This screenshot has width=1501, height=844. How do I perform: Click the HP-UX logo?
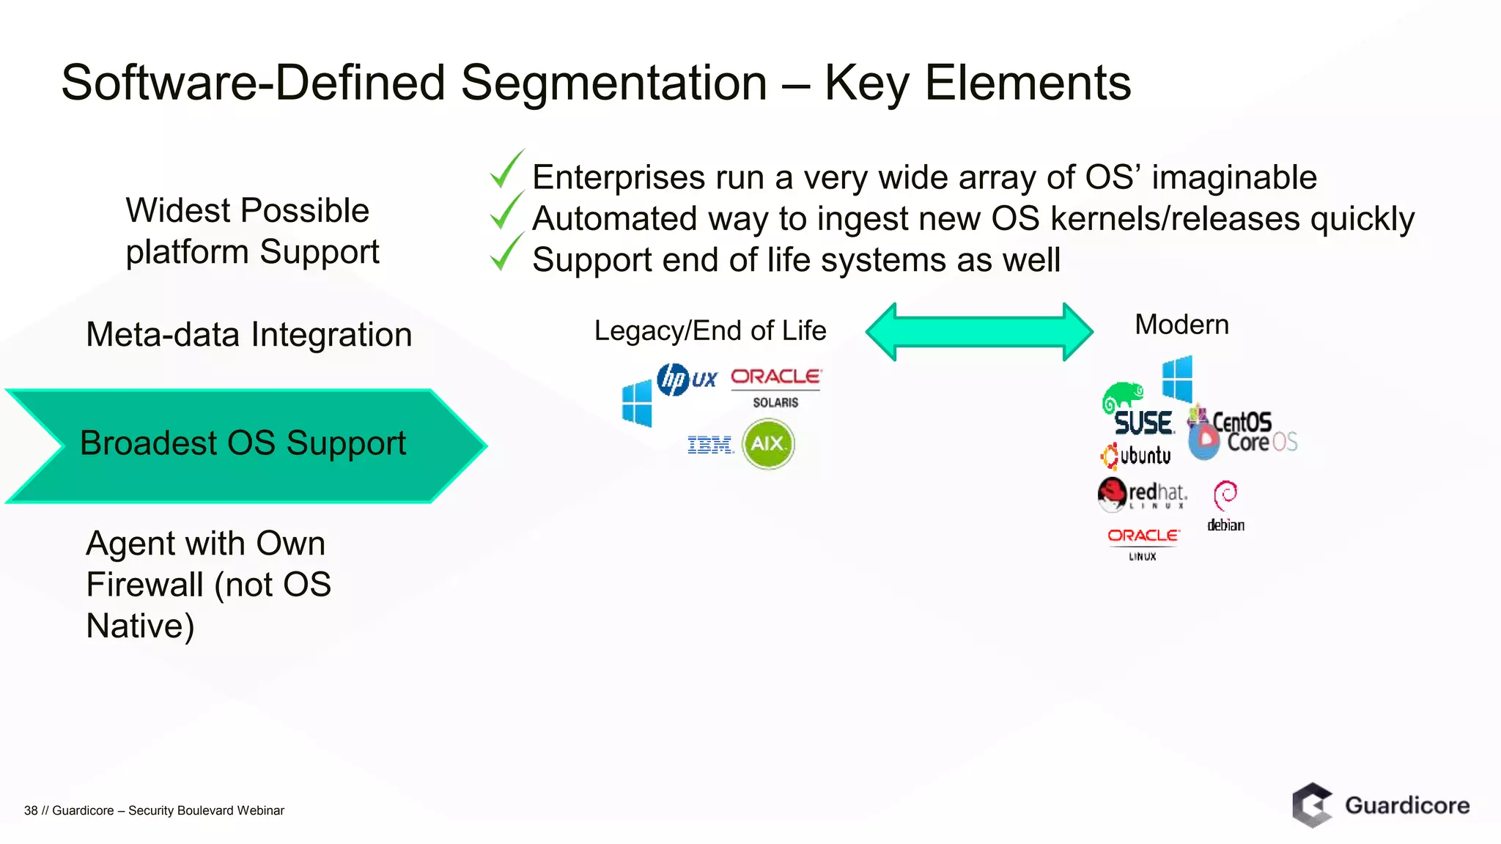686,380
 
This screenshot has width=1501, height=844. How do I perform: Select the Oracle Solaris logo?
776,387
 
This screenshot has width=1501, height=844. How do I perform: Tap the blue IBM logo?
710,445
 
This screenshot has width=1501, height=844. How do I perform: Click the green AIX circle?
768,444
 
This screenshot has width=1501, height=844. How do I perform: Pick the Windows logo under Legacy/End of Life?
636,403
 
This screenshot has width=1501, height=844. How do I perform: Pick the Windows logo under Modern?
1178,379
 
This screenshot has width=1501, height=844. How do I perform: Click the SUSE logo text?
1142,423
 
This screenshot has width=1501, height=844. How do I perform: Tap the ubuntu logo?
1135,456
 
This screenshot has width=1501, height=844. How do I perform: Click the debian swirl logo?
1225,497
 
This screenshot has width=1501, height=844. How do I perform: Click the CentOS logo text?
1242,422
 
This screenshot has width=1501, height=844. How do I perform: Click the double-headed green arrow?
979,331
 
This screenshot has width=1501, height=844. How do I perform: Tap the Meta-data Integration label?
249,335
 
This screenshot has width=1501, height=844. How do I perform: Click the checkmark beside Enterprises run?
506,169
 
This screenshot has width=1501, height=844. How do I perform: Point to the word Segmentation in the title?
613,82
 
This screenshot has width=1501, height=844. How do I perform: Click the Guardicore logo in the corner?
1381,805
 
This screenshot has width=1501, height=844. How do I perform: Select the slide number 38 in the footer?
30,810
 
